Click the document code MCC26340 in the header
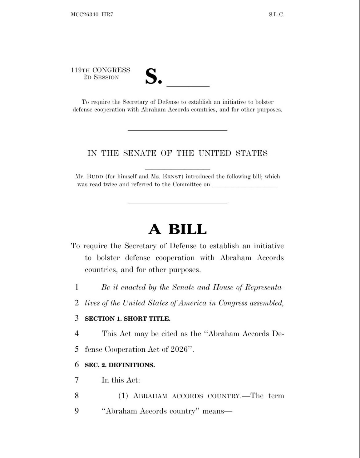point(84,14)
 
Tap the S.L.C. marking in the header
point(276,14)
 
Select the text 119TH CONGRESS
point(101,70)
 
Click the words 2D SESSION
point(101,77)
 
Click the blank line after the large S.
point(188,85)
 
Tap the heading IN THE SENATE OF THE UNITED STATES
point(178,153)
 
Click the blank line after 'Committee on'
point(245,186)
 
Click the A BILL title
point(178,229)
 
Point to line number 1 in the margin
point(77,287)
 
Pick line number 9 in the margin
point(77,411)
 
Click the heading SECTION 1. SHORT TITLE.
point(127,318)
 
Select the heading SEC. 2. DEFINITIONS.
point(120,365)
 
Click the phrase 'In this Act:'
point(121,380)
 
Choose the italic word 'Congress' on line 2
point(233,303)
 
